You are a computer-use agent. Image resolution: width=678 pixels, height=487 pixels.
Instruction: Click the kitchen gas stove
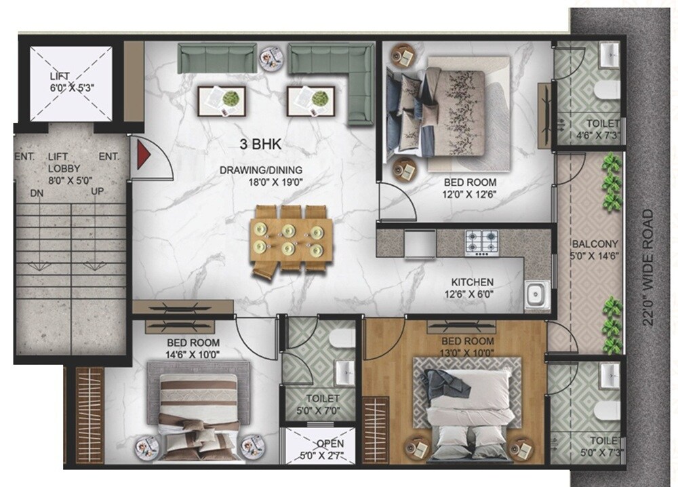(481, 239)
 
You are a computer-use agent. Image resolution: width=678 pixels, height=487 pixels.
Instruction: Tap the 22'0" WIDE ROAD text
(650, 267)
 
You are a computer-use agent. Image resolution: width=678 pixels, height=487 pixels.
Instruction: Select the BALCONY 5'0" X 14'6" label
(595, 250)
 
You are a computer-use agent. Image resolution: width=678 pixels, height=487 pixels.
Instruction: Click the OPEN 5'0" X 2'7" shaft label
(320, 450)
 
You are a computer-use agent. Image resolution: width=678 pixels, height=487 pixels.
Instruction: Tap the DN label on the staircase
(38, 193)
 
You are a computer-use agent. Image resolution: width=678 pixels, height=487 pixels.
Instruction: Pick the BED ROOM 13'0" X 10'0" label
(468, 346)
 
